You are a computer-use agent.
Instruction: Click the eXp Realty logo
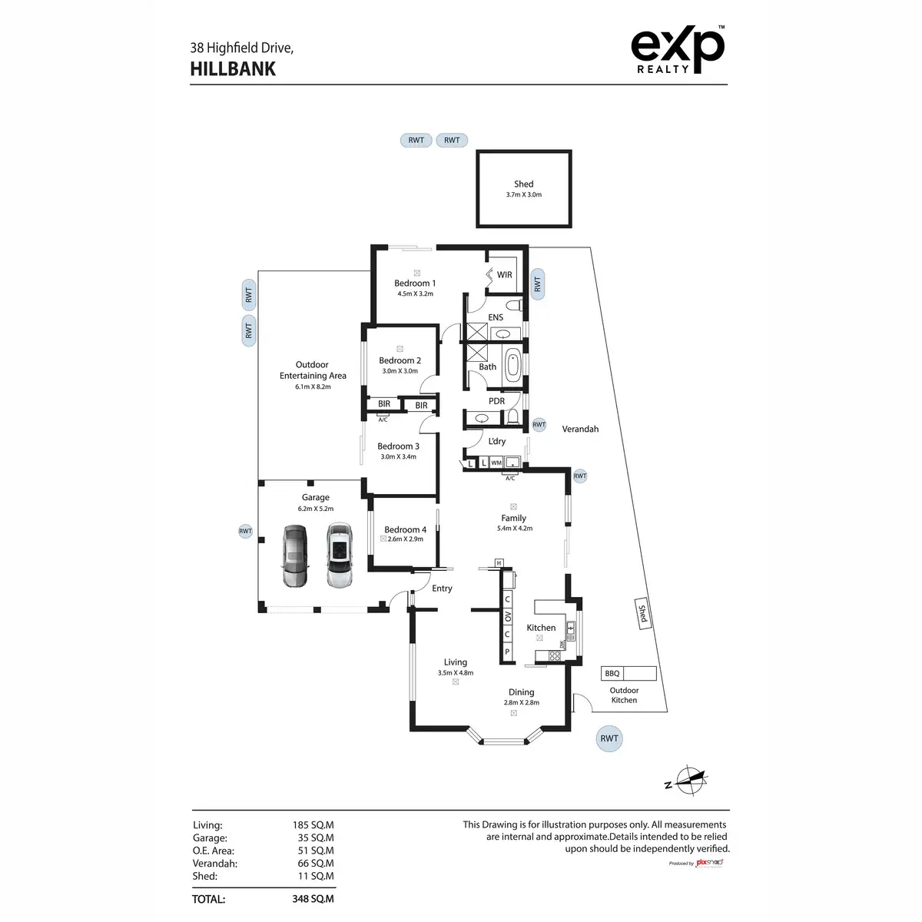coord(677,50)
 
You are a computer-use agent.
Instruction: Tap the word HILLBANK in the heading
coord(233,68)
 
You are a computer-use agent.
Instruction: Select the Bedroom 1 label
coord(415,284)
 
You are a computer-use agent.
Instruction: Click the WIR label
coord(505,275)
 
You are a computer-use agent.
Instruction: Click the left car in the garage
coord(295,556)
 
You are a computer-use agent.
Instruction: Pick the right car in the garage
coord(339,556)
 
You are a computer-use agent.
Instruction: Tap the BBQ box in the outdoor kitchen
coord(612,674)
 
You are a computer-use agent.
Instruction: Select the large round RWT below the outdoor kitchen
coord(609,739)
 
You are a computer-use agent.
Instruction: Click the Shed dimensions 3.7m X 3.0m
coord(524,195)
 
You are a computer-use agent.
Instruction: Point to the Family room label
coord(513,519)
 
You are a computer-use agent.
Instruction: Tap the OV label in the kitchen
coord(507,617)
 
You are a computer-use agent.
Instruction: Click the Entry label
coord(442,589)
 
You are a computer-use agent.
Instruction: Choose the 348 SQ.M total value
coord(313,899)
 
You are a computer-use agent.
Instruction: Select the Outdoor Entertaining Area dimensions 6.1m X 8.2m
coord(313,387)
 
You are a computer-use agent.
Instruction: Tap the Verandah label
coord(580,429)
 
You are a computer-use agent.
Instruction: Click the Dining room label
coord(521,692)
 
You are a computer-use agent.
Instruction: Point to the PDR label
coord(497,401)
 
